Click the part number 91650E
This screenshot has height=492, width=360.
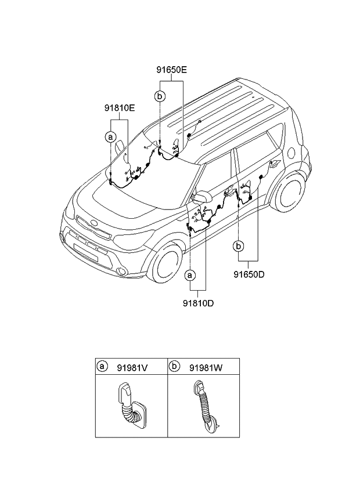171,70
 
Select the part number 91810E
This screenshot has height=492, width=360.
120,107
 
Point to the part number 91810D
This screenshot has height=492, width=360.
199,302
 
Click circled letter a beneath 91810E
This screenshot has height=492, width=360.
110,137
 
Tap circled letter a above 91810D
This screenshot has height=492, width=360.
190,273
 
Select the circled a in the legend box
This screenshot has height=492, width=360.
103,367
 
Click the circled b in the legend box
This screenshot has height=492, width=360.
175,367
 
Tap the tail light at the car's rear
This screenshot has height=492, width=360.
303,152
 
